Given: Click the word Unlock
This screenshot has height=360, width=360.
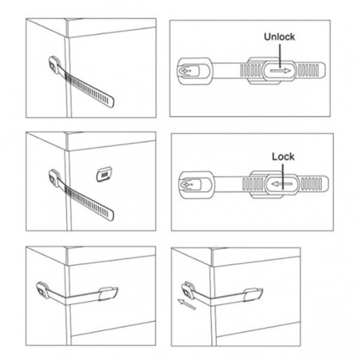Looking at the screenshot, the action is coord(280,37).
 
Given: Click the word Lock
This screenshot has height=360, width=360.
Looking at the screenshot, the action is coord(283,157).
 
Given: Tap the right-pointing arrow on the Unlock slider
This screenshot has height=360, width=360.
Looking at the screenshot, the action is coord(280,71).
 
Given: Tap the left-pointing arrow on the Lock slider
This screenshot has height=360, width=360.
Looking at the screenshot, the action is coord(282,184).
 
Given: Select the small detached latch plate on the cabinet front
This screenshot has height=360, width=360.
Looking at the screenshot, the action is coord(104,174).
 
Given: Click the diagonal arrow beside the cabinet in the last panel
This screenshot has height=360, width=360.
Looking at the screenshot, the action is coord(186,304).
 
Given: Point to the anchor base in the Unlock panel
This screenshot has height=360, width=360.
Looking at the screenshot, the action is coord(195,71).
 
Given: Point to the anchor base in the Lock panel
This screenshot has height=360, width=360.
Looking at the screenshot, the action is coord(197,185).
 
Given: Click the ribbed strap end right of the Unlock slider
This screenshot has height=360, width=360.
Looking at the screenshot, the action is coord(311,70).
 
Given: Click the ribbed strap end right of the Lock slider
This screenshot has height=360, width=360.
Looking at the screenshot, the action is coord(314,184).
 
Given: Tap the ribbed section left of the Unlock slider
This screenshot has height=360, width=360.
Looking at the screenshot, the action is coord(251,71).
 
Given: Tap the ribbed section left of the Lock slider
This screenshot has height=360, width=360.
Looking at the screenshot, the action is coord(253,184).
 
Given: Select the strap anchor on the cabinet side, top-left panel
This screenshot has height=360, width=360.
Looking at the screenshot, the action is coord(54,65).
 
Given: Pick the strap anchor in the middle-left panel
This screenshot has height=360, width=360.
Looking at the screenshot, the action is coord(54,178).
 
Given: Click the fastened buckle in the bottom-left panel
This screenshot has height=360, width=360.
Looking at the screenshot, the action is coord(108,293).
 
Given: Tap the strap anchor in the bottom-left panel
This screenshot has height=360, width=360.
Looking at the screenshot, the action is coord(42,290).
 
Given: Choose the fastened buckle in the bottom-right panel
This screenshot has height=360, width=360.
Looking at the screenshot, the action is coord(253,295).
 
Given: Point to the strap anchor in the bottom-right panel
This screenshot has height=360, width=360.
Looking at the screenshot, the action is coord(188,290).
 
